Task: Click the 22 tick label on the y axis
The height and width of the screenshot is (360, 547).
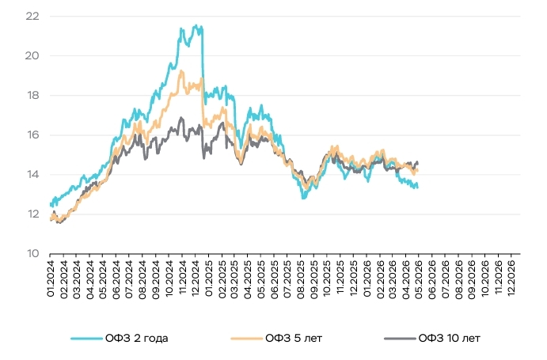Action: click(32, 16)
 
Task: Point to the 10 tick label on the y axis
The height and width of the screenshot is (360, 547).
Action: click(32, 254)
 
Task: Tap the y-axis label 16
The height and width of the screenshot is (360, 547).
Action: click(32, 135)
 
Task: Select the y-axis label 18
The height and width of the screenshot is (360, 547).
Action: click(32, 95)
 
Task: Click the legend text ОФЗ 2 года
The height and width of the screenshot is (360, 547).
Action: click(136, 339)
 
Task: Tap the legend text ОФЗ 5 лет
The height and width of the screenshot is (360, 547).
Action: click(294, 339)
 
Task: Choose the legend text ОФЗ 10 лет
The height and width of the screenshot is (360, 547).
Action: click(450, 339)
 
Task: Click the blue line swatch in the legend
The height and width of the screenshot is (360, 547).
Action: click(86, 339)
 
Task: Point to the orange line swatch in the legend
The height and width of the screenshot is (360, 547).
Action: click(246, 339)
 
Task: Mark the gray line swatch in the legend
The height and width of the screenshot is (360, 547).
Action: click(400, 339)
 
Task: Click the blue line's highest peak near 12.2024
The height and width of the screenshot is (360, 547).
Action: click(196, 25)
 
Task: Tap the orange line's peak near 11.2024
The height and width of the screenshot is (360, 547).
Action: click(181, 71)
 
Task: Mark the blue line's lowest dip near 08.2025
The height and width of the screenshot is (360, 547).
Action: click(303, 198)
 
